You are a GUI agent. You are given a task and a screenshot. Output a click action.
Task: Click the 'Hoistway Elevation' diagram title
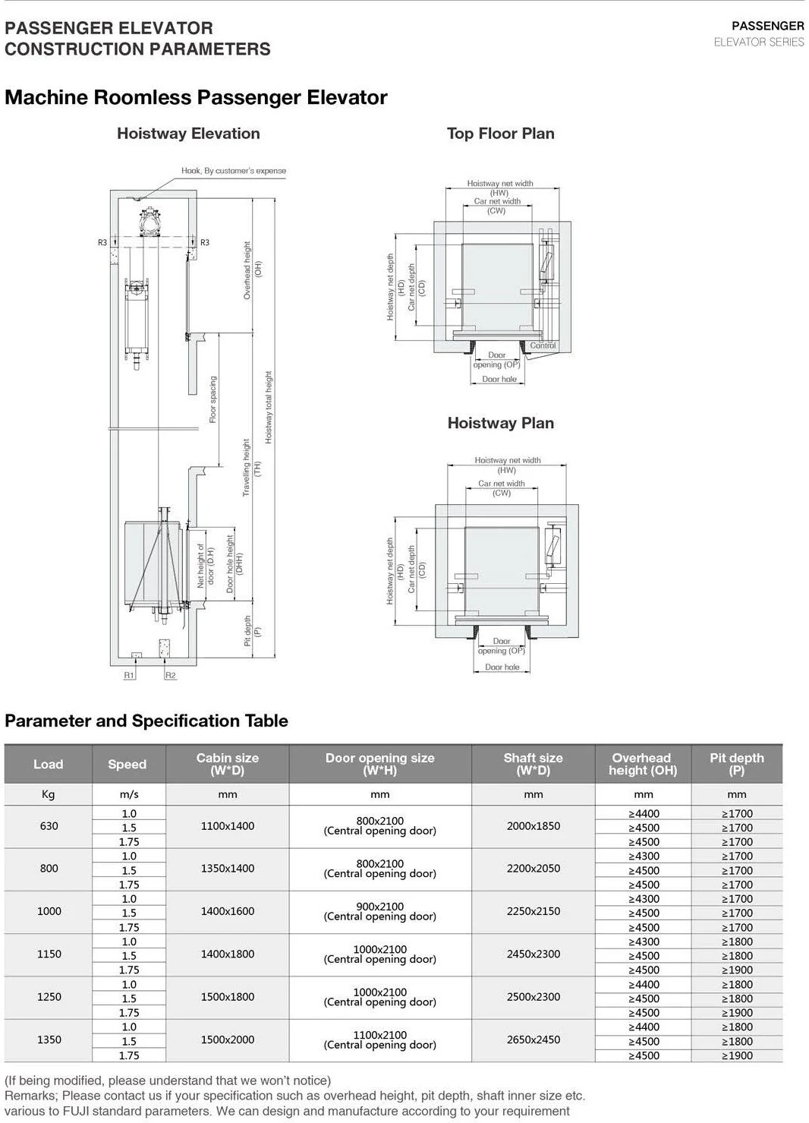[188, 134]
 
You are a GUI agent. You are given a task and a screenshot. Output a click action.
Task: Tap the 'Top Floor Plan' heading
[500, 134]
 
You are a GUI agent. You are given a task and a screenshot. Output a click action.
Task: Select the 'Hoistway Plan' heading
[500, 423]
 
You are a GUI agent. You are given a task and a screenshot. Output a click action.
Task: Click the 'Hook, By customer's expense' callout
[234, 171]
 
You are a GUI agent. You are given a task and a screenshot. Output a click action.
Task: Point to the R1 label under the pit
[129, 675]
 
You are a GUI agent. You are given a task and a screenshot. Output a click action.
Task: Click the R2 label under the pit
[171, 675]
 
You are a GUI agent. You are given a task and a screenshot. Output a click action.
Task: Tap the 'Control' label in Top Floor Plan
[543, 345]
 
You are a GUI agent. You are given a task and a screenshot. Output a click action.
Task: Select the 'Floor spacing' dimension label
[213, 399]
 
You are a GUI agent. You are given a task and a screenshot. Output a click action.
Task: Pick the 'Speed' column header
[127, 764]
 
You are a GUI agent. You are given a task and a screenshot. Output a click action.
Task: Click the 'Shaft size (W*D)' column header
[533, 764]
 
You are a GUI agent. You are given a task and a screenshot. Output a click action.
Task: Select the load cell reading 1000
[49, 911]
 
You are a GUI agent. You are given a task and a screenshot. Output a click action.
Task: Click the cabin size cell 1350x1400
[228, 869]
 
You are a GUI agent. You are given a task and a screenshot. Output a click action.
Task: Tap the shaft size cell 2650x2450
[533, 1039]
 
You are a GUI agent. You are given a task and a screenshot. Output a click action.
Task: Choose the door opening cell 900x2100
[379, 911]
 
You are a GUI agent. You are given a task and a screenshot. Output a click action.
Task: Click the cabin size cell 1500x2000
[228, 1039]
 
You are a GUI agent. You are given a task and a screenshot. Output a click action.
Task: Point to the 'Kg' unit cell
[49, 794]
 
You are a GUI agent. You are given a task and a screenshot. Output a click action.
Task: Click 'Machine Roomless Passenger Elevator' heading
[196, 97]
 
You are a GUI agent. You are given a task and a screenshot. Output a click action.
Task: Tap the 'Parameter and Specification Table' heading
[146, 721]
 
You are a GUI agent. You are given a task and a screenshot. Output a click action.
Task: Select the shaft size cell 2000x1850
[533, 826]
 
